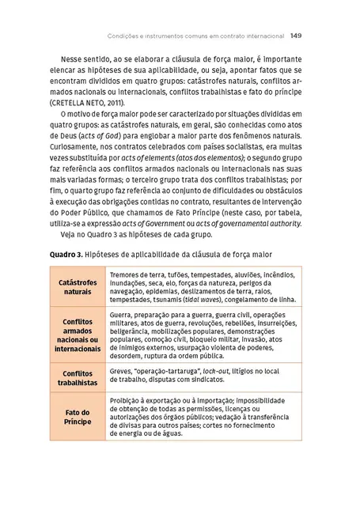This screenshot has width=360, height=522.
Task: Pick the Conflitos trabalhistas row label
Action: (x=78, y=377)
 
